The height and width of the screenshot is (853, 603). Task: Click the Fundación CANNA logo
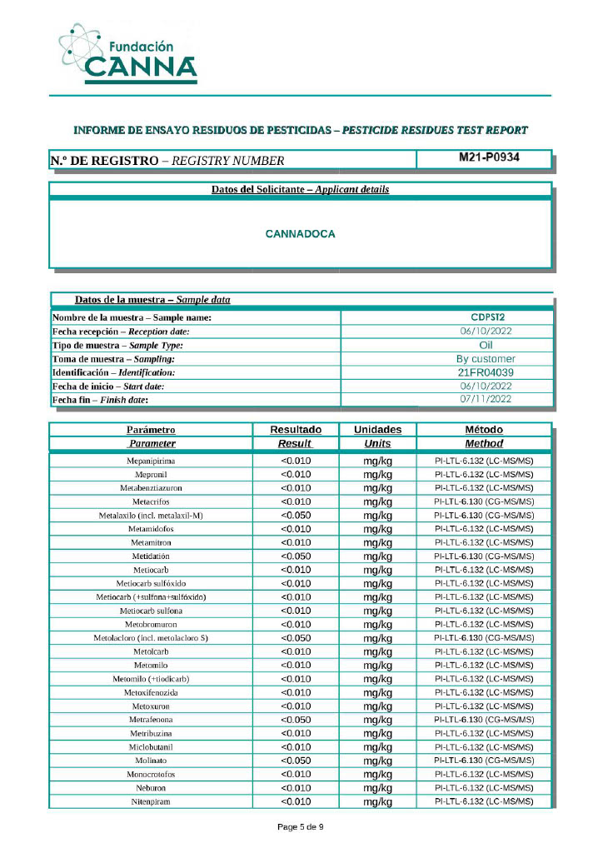[129, 54]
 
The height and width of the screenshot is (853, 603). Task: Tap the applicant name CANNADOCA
[300, 234]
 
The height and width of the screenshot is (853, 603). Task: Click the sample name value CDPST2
[487, 317]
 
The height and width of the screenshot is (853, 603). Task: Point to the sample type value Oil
[487, 345]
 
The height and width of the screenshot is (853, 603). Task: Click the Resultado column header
[296, 430]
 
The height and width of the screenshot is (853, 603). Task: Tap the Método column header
[484, 430]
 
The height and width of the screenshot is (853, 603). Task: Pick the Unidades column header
[377, 430]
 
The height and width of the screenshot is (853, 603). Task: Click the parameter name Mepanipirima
[151, 461]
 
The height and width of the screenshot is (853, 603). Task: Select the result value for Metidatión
[296, 556]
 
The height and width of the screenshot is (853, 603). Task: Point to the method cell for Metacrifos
[484, 501]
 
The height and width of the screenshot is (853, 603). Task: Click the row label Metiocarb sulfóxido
[151, 583]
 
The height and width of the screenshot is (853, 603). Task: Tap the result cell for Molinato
[296, 761]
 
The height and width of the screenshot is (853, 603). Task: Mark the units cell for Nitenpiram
[377, 802]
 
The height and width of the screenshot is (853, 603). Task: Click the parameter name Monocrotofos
[151, 775]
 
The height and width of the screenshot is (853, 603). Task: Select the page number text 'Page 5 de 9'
[300, 827]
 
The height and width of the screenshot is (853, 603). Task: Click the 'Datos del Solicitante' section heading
[300, 190]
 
